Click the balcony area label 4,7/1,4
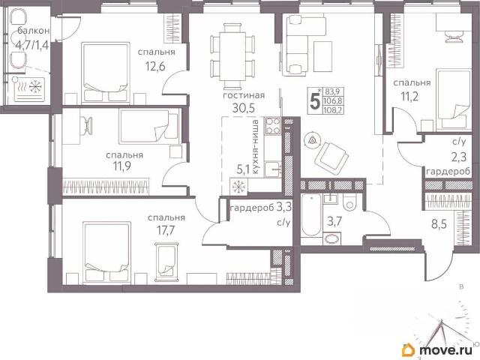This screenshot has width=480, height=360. pos(32,45)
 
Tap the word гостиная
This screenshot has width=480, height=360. pos(244,95)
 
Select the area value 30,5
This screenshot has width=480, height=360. pos(243,108)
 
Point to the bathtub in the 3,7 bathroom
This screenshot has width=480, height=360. pos(311,215)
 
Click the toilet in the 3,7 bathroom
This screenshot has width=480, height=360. pos(349,202)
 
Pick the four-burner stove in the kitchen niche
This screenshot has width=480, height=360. pos(273,126)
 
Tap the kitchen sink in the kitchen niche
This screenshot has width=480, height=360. pos(271,169)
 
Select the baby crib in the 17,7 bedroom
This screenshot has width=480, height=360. pos(167,262)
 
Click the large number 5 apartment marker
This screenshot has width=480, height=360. pos(315,101)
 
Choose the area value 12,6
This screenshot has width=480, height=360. pos(155,66)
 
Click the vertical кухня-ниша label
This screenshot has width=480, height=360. pos(256,148)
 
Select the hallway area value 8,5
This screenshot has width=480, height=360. pos(439,224)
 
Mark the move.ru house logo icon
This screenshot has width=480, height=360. pos(408,349)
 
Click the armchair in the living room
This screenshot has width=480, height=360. pos(332,155)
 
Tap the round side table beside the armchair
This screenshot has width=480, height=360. pos(312,140)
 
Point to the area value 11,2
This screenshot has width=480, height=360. pos(409,97)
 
